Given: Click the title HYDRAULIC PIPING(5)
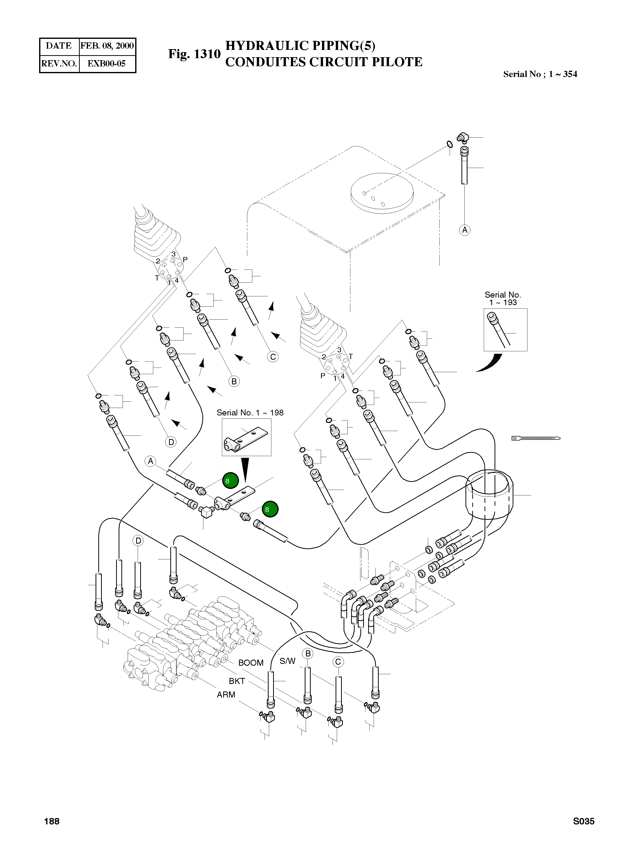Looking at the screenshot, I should (300, 46).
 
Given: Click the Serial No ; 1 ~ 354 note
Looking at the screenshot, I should (540, 74).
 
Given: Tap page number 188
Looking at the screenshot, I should (52, 821).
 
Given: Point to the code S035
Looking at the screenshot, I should (583, 821).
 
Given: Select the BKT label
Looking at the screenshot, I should (237, 681).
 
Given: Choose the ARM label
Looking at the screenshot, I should (226, 695).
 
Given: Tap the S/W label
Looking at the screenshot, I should (287, 661).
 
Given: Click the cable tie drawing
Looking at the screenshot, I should (536, 438).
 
